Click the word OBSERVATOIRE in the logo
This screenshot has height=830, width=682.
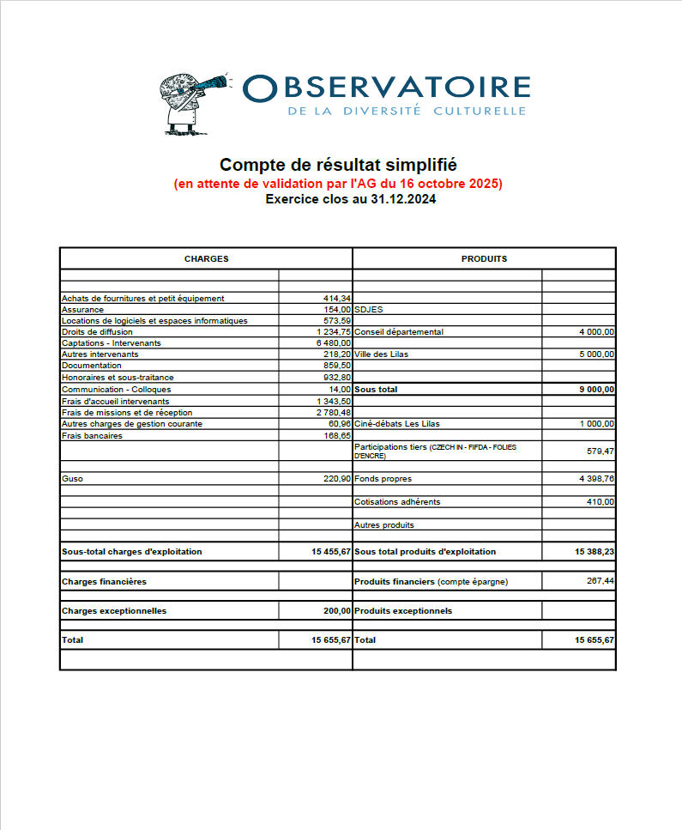(387, 88)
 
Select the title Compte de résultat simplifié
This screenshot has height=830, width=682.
(338, 165)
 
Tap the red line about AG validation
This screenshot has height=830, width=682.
(338, 184)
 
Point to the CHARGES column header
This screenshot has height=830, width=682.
(206, 258)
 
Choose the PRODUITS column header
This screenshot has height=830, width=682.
(484, 258)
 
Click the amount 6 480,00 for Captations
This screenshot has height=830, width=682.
(334, 343)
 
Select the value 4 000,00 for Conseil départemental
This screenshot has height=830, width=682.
(596, 332)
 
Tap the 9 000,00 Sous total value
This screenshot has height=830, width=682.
(596, 390)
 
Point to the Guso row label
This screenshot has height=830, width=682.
(72, 479)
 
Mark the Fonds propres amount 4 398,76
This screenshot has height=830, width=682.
(596, 479)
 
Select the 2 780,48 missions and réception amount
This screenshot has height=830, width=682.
(333, 413)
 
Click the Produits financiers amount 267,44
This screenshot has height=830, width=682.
(600, 582)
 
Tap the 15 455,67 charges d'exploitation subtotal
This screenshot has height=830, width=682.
(331, 552)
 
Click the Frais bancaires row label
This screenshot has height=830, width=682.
(92, 436)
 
